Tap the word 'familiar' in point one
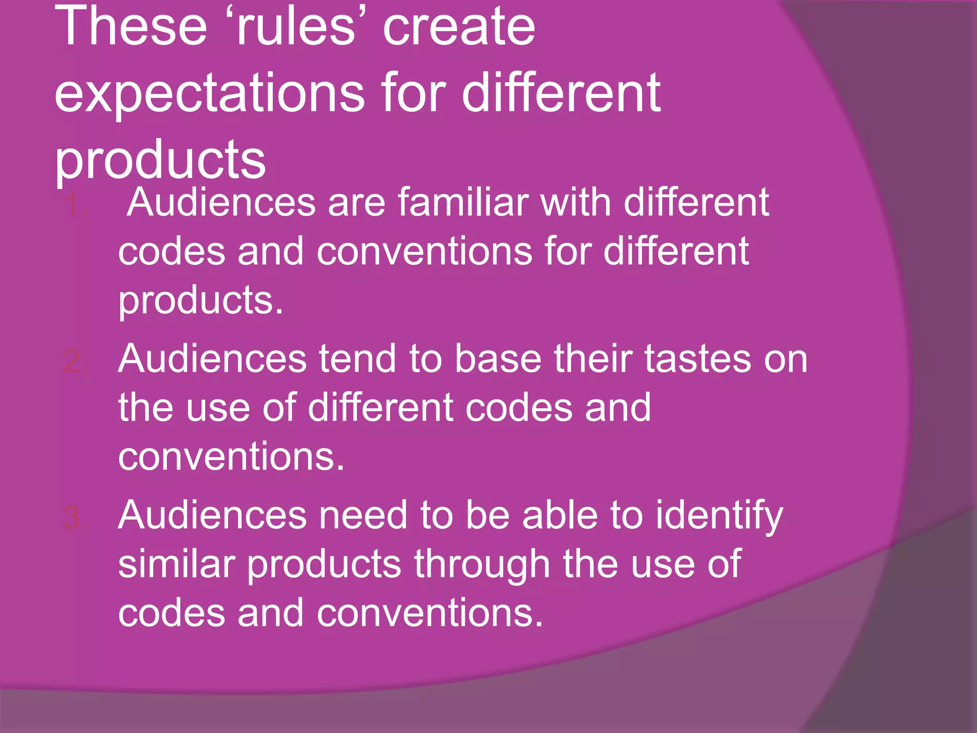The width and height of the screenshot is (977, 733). (x=463, y=202)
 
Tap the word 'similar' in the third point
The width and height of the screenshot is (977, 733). (x=177, y=564)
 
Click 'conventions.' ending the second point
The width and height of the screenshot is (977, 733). (x=231, y=457)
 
